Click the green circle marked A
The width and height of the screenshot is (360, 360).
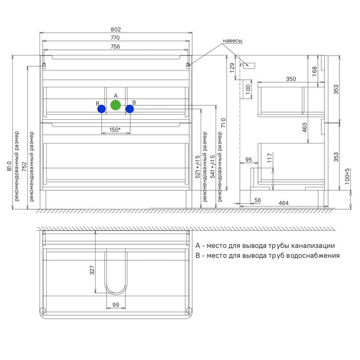[116, 105]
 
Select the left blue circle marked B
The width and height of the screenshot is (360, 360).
[101, 109]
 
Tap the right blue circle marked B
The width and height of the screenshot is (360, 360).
[130, 109]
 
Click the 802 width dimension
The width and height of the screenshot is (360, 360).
[116, 29]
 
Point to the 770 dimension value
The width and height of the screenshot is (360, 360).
[115, 38]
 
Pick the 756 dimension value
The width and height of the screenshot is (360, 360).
[115, 46]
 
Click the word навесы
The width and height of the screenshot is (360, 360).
[232, 41]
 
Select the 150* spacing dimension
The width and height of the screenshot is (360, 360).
[115, 130]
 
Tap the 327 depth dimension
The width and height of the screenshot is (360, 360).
[92, 270]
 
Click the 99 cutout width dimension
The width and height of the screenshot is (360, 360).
[116, 304]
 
